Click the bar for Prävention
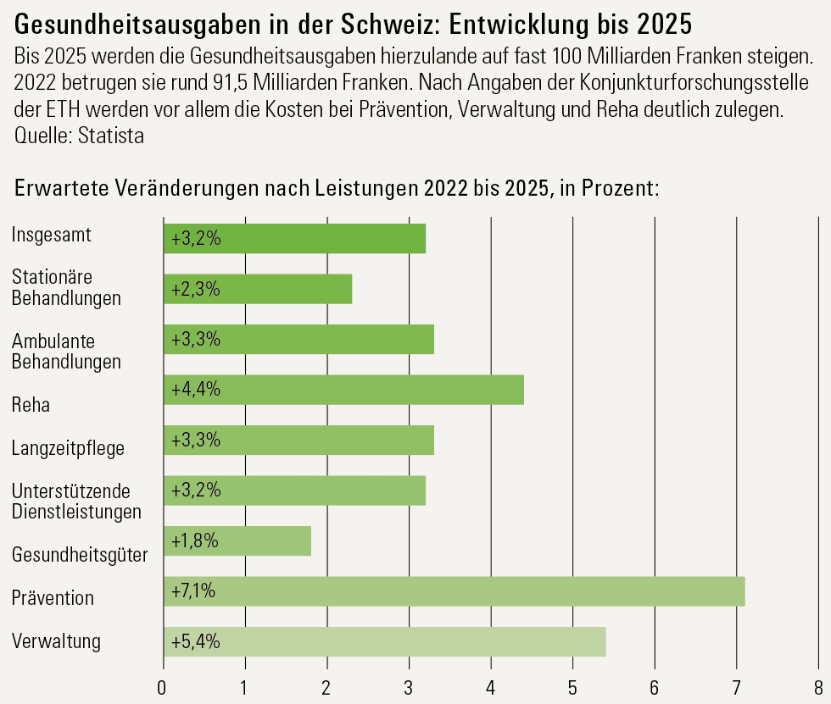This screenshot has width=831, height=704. (454, 591)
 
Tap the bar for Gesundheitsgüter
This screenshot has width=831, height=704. (237, 541)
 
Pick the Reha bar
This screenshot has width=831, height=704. (343, 390)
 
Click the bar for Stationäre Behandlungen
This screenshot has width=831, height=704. (257, 289)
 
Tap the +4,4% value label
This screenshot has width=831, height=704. (196, 390)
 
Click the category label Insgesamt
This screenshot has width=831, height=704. (52, 235)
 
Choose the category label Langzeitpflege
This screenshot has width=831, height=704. (68, 448)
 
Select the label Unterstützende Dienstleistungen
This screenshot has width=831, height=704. (75, 501)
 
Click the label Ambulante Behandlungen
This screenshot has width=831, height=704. (66, 351)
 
